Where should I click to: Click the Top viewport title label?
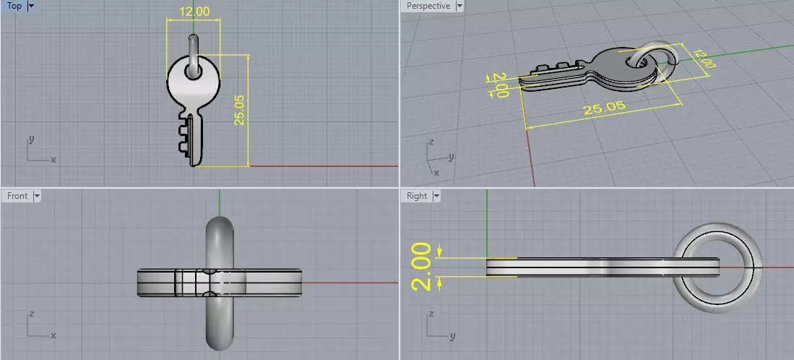pos(14,7)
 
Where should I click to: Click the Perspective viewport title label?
pos(428,7)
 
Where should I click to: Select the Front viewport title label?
pos(17,196)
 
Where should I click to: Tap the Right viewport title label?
pos(417,196)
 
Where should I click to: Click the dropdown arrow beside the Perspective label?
pos(459,7)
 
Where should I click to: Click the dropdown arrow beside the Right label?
pos(436,196)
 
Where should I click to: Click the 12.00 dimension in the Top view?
pos(194,12)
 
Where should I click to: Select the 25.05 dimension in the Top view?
pos(241,110)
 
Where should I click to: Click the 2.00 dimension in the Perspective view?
pos(497,83)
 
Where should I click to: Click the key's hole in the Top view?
pos(193,71)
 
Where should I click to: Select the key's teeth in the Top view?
pos(184,140)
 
